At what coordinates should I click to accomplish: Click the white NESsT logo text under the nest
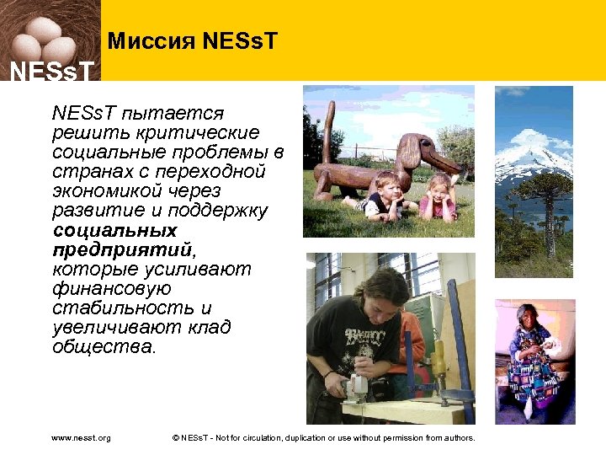tap(50, 71)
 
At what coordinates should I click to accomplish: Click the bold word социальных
tap(114, 230)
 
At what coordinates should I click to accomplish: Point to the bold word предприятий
tap(122, 249)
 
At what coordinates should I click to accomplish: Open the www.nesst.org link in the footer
tap(81, 438)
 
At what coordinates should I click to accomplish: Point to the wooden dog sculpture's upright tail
tap(327, 126)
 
